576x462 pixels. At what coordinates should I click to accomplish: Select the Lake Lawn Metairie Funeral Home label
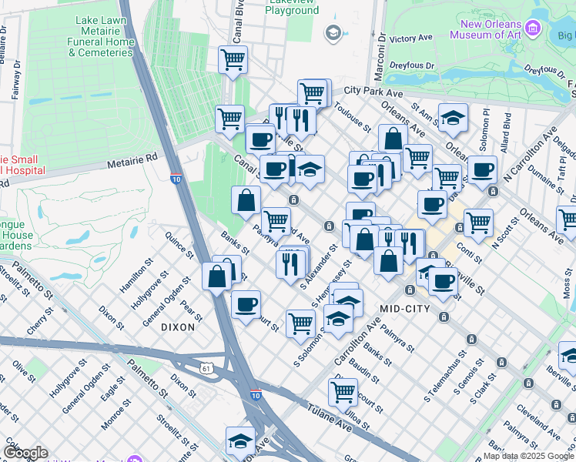pyautogui.click(x=101, y=37)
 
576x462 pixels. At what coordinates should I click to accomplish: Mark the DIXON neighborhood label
pyautogui.click(x=178, y=327)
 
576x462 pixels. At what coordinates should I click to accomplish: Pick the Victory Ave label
pyautogui.click(x=411, y=38)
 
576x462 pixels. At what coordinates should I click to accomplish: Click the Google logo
pyautogui.click(x=25, y=453)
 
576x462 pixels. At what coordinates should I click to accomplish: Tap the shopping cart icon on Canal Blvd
pyautogui.click(x=233, y=59)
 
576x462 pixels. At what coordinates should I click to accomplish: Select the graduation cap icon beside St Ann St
pyautogui.click(x=454, y=117)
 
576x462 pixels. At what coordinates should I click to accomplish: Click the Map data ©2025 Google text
pyautogui.click(x=528, y=456)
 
